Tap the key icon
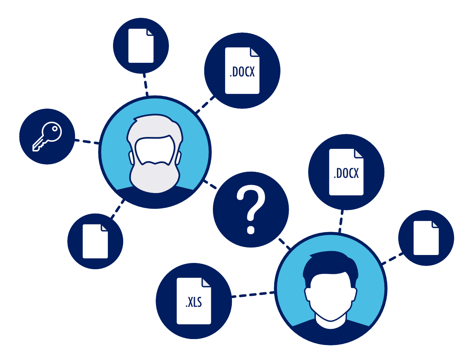click(x=47, y=136)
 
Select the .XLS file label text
click(x=194, y=302)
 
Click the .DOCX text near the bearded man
click(x=242, y=72)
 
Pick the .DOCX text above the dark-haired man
click(x=346, y=173)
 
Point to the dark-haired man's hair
click(x=330, y=265)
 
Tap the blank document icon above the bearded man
click(x=141, y=46)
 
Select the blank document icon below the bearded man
click(x=95, y=241)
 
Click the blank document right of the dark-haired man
click(x=426, y=238)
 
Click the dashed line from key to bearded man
click(x=87, y=142)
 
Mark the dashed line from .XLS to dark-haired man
click(x=253, y=294)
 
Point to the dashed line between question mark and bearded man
click(x=210, y=184)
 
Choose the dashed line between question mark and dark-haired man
click(x=284, y=244)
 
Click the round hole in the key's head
click(x=55, y=129)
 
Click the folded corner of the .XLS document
click(x=206, y=282)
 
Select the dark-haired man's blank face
click(x=331, y=296)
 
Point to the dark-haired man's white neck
click(x=330, y=322)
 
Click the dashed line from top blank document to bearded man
click(x=145, y=84)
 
